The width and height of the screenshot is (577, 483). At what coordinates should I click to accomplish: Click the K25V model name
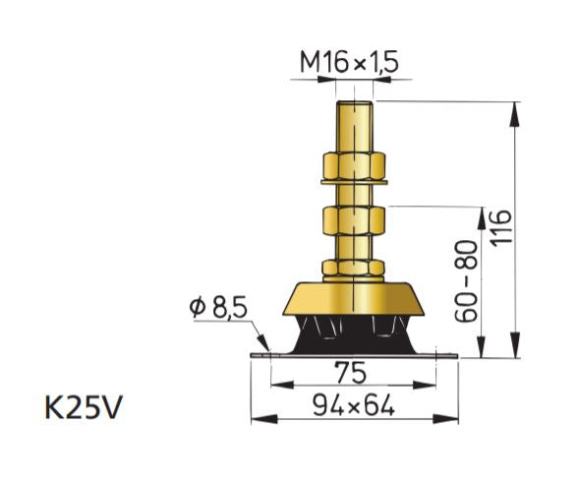pos(84,406)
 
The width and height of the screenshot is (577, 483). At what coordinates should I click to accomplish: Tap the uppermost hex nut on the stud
pos(356,166)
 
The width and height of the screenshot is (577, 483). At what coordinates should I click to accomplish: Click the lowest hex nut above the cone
pos(356,267)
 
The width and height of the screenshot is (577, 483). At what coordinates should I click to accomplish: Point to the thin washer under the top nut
pos(356,183)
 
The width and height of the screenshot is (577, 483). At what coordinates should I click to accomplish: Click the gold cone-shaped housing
pos(356,297)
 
